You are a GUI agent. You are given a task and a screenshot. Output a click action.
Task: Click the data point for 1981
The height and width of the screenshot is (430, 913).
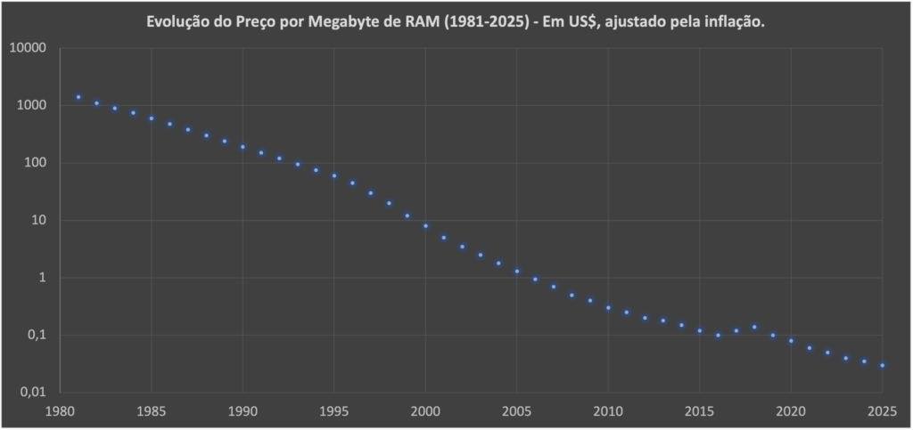click(78, 97)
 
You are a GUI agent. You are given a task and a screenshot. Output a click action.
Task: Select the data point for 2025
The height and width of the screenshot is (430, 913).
click(883, 365)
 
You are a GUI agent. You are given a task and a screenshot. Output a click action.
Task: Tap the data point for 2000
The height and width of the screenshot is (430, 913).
click(425, 226)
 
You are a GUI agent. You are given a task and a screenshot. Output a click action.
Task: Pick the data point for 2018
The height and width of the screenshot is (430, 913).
click(754, 327)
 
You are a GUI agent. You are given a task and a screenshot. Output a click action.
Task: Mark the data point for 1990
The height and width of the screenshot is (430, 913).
click(243, 147)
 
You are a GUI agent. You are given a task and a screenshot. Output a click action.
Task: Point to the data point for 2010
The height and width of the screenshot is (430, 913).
click(608, 308)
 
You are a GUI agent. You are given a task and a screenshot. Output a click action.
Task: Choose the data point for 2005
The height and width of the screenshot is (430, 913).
click(517, 271)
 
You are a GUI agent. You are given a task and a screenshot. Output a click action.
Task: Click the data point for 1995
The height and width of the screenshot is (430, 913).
click(334, 175)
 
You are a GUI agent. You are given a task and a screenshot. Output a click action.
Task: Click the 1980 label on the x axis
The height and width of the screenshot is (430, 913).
click(60, 411)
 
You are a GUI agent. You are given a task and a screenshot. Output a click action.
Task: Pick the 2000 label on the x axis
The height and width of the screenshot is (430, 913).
click(425, 411)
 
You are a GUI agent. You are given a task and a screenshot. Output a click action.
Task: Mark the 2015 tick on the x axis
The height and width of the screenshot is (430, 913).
click(700, 411)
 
